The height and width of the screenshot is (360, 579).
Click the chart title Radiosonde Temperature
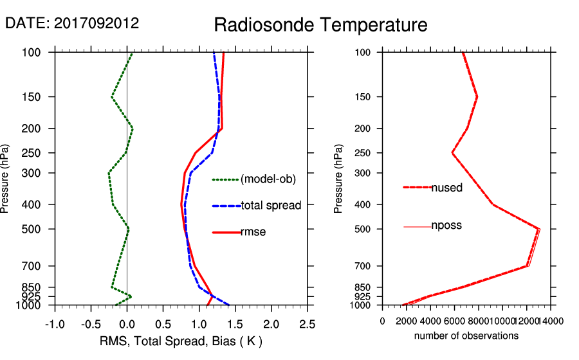click(320, 25)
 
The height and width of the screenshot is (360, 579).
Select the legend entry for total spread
click(271, 206)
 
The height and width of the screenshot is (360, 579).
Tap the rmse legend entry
click(253, 232)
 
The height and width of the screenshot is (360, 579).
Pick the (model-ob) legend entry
click(268, 179)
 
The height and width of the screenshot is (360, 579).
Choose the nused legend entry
click(446, 188)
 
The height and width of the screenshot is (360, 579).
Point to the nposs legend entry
click(446, 226)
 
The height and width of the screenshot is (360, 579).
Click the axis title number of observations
click(466, 336)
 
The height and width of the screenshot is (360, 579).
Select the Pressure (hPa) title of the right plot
click(338, 179)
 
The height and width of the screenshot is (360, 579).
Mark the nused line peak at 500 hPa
click(538, 229)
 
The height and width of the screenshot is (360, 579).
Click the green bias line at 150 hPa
click(111, 97)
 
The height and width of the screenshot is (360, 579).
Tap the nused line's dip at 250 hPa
click(452, 153)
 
